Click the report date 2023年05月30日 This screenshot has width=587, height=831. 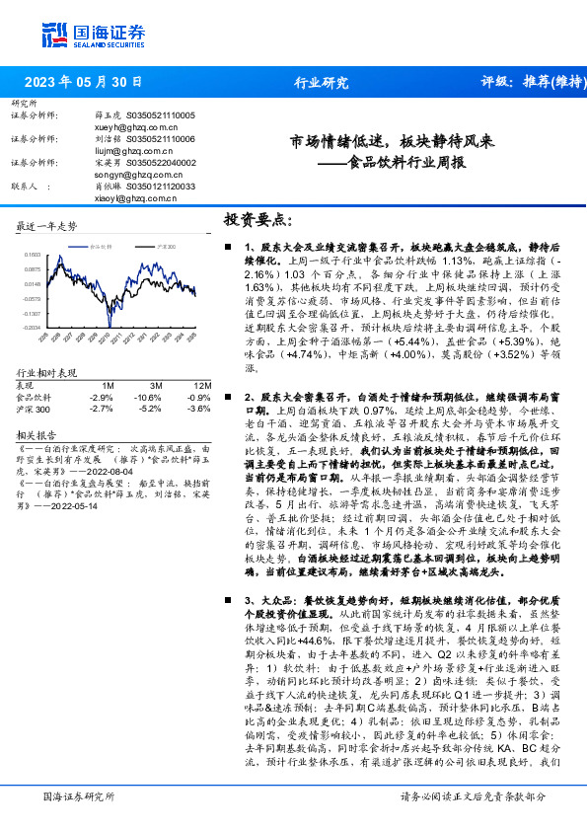click(83, 83)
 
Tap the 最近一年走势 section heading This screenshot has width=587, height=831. click(46, 226)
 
